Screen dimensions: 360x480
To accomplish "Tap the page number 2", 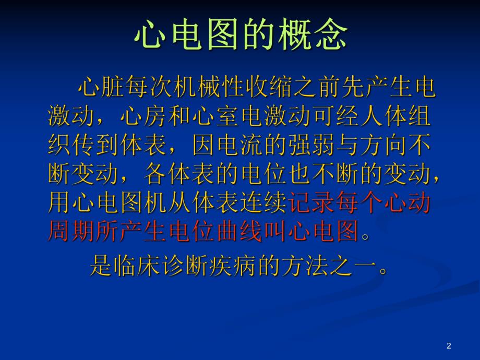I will pyautogui.click(x=449, y=346).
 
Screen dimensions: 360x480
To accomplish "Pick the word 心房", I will pyautogui.click(x=143, y=117).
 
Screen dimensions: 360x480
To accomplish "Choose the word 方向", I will pyautogui.click(x=384, y=146).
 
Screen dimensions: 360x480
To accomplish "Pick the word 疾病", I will pyautogui.click(x=234, y=267).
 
